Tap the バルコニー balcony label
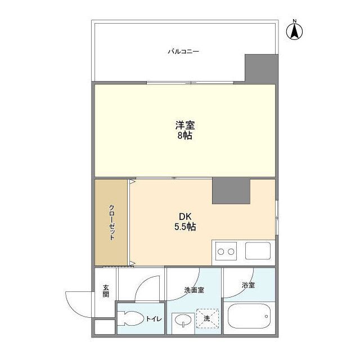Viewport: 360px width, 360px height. click(183, 52)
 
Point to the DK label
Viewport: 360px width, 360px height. click(185, 217)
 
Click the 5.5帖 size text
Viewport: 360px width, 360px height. click(185, 227)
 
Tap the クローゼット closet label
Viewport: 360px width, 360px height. click(112, 222)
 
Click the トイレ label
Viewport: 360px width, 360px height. click(154, 319)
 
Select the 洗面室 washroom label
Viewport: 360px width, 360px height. click(193, 290)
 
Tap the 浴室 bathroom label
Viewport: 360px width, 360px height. click(248, 285)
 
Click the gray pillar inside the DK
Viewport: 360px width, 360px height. click(231, 191)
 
